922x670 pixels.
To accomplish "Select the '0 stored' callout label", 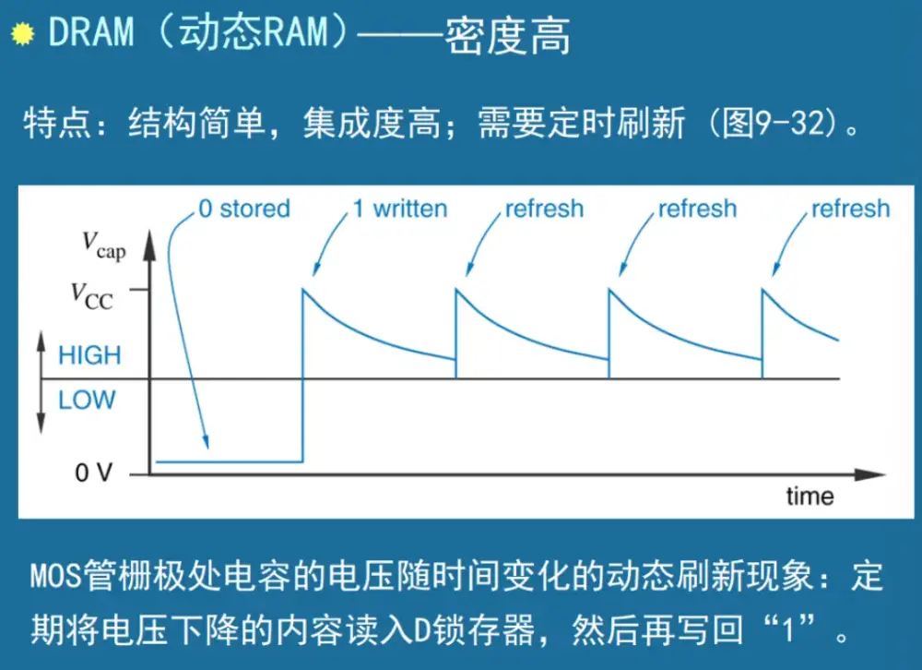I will (244, 209).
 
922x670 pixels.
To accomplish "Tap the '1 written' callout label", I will (400, 209).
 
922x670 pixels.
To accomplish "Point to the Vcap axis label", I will (102, 244).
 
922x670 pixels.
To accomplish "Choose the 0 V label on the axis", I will (94, 474).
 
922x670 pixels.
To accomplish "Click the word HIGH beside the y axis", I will (89, 355).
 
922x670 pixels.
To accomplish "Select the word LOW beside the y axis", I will (87, 401).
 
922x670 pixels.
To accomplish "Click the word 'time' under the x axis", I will (810, 497).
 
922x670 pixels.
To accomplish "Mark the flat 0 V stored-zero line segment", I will (230, 461).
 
